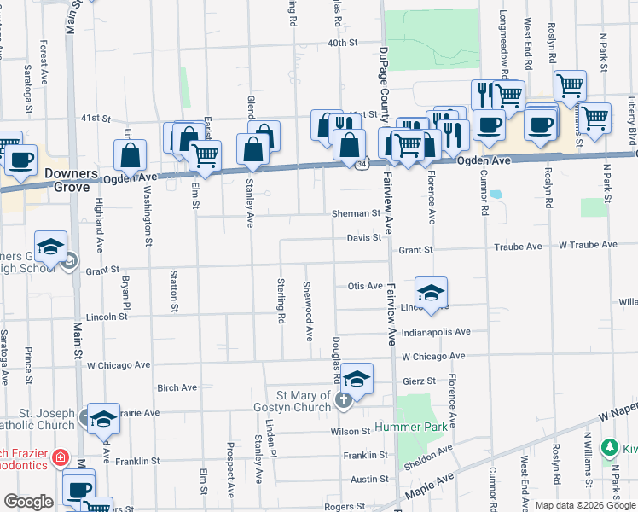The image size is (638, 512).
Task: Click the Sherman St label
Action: [x=356, y=213]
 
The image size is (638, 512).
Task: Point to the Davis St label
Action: [x=363, y=238]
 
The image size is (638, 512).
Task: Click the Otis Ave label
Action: [x=365, y=286]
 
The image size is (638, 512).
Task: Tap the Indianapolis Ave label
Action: [x=436, y=332]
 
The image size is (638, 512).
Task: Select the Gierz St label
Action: [x=419, y=381]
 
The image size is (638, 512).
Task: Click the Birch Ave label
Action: [x=177, y=387]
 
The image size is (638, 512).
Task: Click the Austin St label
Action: [x=370, y=480]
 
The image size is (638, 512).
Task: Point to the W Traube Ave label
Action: [x=588, y=245]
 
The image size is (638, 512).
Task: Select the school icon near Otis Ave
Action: [x=432, y=292]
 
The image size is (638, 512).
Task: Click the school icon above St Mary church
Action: [x=357, y=378]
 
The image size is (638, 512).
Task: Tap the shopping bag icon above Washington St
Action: [x=131, y=155]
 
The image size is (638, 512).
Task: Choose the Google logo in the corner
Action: [x=28, y=503]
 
